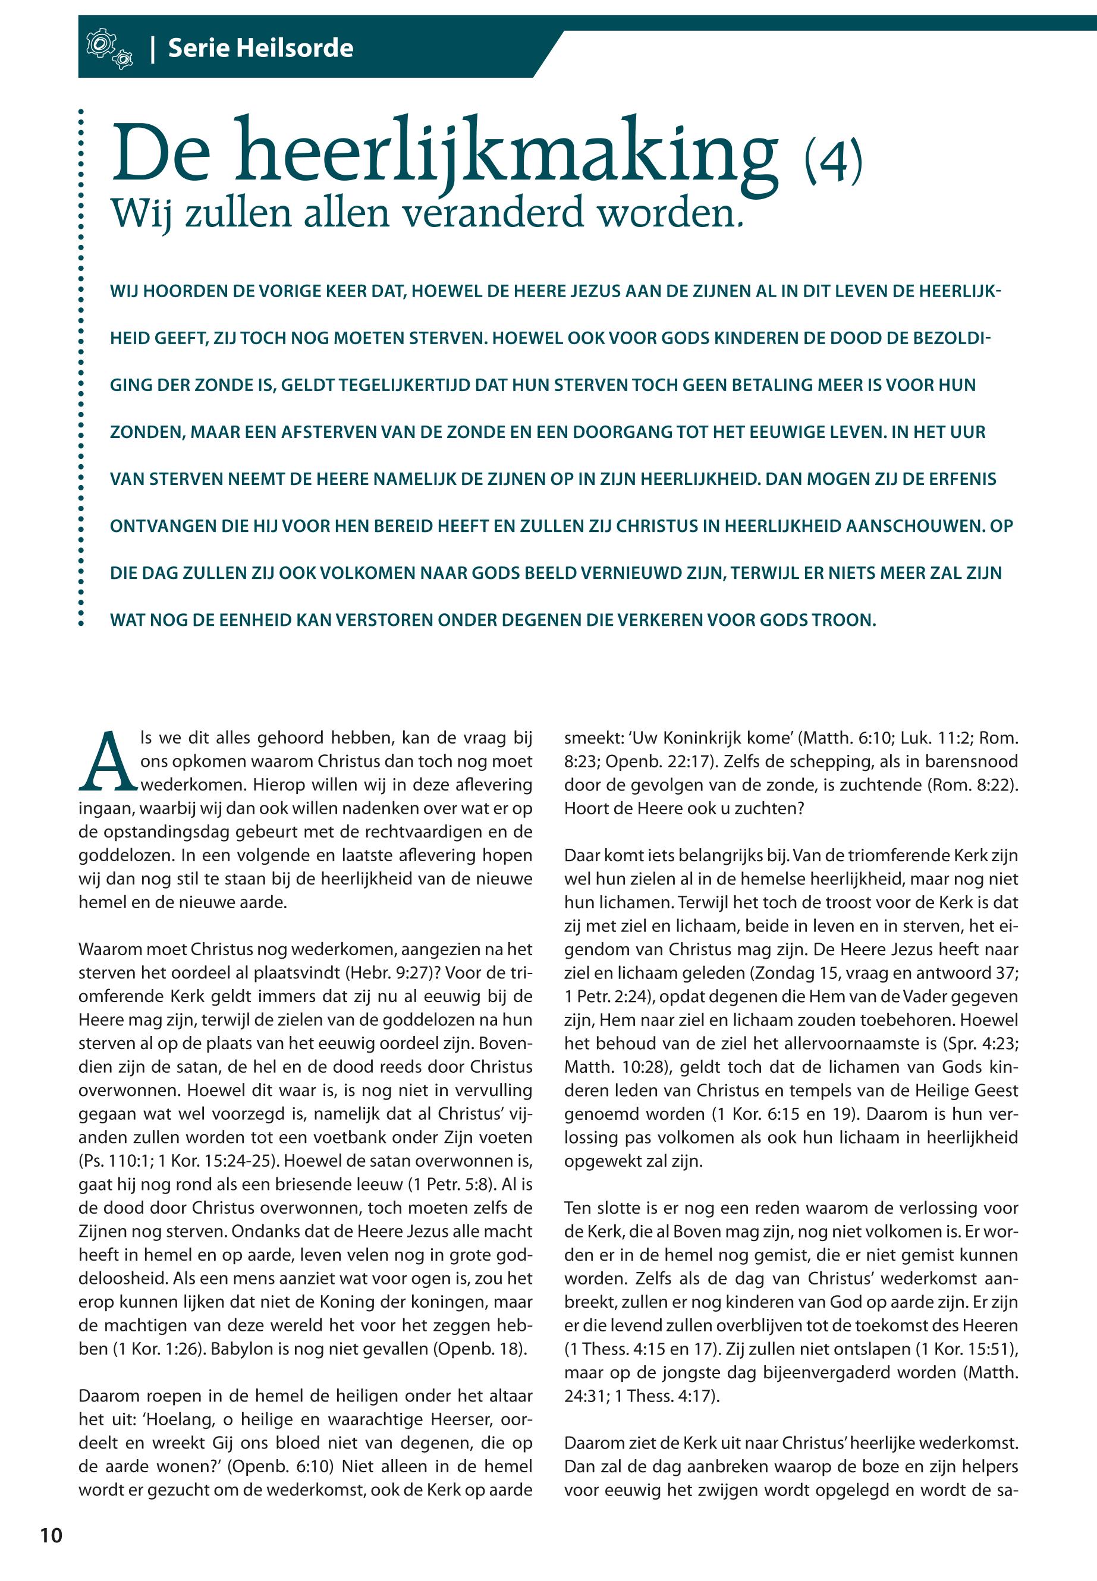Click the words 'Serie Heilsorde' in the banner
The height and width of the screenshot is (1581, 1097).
260,48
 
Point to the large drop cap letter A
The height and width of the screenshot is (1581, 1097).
106,761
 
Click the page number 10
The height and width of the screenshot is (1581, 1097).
51,1535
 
